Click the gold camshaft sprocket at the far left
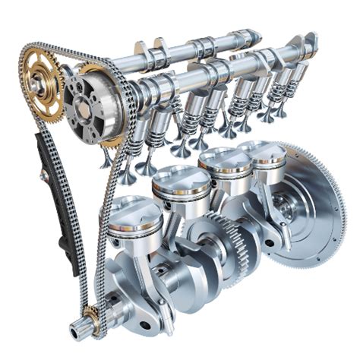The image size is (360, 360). pos(42,83)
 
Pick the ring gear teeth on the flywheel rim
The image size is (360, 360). pos(334,228)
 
